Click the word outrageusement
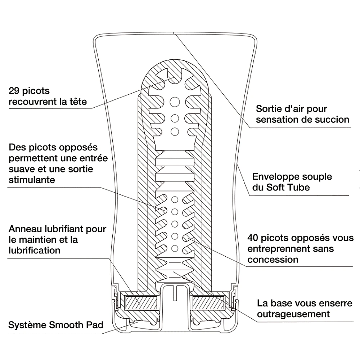pos(293,314)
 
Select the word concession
pos(273,260)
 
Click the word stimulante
pos(32,180)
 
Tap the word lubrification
pos(34,251)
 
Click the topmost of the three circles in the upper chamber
pos(175,100)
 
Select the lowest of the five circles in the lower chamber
pos(175,248)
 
